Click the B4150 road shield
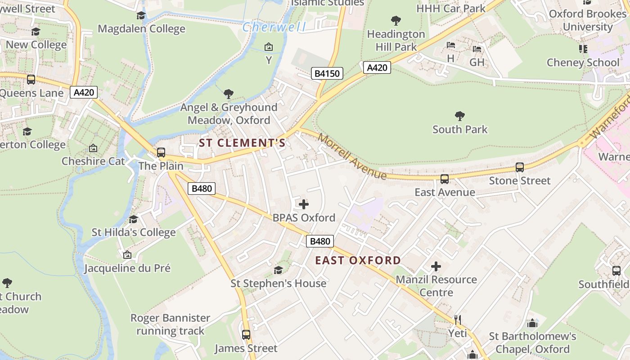(x=327, y=73)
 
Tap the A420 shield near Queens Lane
(x=84, y=93)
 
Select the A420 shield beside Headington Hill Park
(x=377, y=67)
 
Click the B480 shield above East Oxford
(x=320, y=241)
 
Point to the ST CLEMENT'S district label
(x=242, y=143)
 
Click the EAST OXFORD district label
(x=358, y=260)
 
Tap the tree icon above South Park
(x=459, y=116)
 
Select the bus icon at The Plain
(x=161, y=153)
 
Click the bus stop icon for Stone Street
(x=520, y=167)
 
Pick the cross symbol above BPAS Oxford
(x=304, y=204)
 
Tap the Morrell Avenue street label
(x=352, y=156)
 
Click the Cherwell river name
(x=274, y=27)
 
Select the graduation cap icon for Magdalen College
(x=141, y=16)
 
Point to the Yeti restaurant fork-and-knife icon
(x=458, y=320)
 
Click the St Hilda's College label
(x=134, y=232)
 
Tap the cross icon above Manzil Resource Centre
(x=436, y=266)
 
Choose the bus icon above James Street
(x=246, y=335)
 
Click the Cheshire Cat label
(x=93, y=161)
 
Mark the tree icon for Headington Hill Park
(x=396, y=20)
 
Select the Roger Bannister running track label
(x=171, y=324)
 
